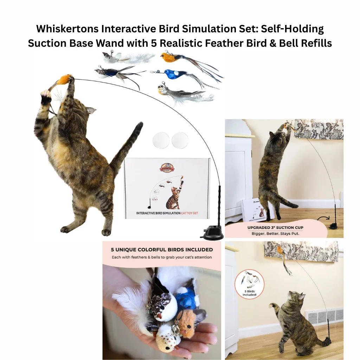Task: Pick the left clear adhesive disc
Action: [x=161, y=140]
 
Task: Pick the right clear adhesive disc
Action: [x=180, y=140]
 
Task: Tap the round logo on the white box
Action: [x=167, y=168]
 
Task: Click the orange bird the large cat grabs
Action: [x=64, y=79]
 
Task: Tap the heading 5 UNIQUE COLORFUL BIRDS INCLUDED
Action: [x=162, y=250]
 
